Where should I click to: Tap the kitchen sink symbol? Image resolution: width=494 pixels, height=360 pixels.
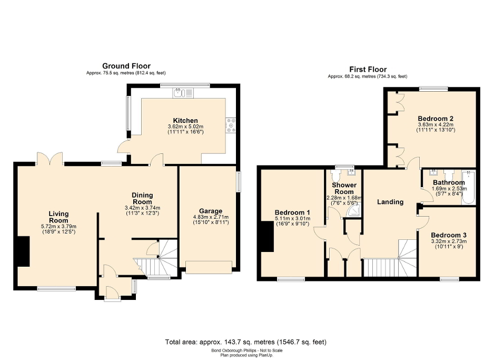pos(184,93)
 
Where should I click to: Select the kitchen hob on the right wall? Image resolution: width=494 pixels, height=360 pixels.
pos(230,125)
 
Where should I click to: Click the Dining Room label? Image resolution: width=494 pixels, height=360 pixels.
pos(142,198)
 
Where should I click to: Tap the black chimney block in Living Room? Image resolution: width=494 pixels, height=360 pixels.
pos(22,251)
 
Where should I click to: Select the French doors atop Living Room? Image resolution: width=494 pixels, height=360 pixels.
pos(50,158)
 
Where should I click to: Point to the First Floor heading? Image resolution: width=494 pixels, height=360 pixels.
pos(368,69)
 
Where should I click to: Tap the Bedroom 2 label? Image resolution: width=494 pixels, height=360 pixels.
pos(436,118)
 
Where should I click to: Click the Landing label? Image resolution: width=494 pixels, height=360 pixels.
pos(391,202)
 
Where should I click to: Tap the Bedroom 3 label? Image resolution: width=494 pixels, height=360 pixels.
pos(448,235)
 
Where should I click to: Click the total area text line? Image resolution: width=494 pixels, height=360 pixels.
pos(246,342)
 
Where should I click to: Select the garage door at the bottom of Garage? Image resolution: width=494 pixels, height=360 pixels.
pos(209,268)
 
